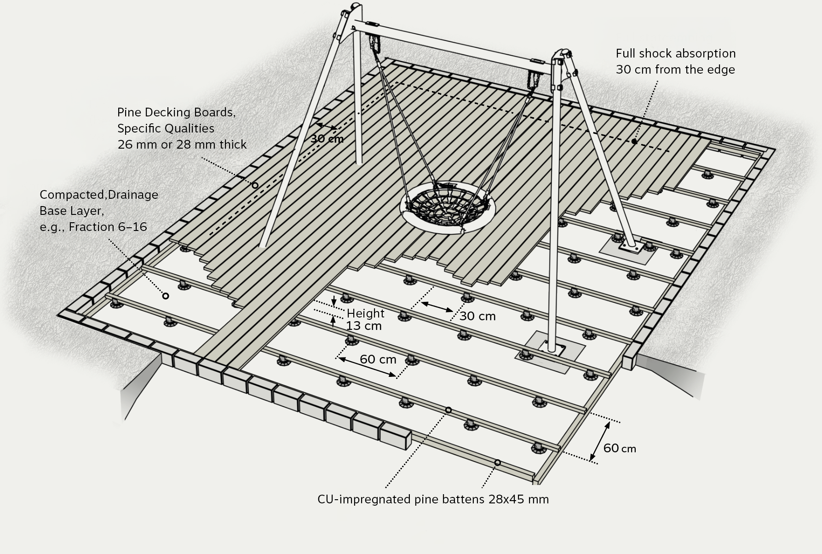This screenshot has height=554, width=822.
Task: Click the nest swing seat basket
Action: coord(448,208)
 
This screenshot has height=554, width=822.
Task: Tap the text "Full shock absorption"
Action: coord(675,53)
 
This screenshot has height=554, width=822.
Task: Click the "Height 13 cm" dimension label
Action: coord(365,319)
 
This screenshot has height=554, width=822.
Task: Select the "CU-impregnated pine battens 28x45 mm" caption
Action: coord(433,499)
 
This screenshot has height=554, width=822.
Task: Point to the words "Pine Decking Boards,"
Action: coord(176,112)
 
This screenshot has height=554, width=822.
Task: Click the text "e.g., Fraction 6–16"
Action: coord(93,227)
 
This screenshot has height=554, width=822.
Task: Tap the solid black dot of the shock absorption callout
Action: coord(634,141)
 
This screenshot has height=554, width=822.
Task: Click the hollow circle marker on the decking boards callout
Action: coord(255,185)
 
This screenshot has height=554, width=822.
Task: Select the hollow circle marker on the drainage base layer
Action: coord(166,296)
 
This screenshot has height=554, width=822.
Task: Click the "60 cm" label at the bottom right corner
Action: coord(619,448)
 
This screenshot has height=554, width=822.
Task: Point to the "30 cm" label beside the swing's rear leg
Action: coord(327,138)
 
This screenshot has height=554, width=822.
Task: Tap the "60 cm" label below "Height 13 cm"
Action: coord(378,359)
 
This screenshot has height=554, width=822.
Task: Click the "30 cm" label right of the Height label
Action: coord(477,316)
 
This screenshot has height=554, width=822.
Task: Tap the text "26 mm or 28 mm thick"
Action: coord(182,144)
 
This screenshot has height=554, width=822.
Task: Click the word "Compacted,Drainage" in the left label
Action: coord(99,195)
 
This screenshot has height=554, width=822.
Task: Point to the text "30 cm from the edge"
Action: coord(675,69)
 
